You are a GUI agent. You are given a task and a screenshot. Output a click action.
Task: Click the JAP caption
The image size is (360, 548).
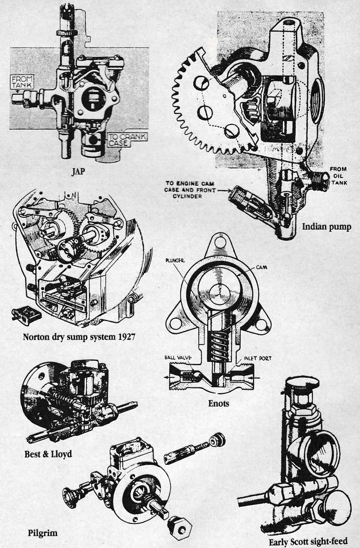(x=78, y=172)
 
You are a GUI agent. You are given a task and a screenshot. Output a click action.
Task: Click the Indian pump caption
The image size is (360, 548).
(x=326, y=227)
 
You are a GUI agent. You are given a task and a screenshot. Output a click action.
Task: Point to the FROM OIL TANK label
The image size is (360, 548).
(x=338, y=176)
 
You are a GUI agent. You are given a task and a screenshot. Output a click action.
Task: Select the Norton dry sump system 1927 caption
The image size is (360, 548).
(x=79, y=336)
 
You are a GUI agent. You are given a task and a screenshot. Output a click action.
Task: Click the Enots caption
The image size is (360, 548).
(x=219, y=403)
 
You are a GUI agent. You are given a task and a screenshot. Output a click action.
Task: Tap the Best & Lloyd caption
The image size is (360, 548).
(x=48, y=454)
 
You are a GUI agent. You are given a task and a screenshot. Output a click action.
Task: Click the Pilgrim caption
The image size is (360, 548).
(x=43, y=525)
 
